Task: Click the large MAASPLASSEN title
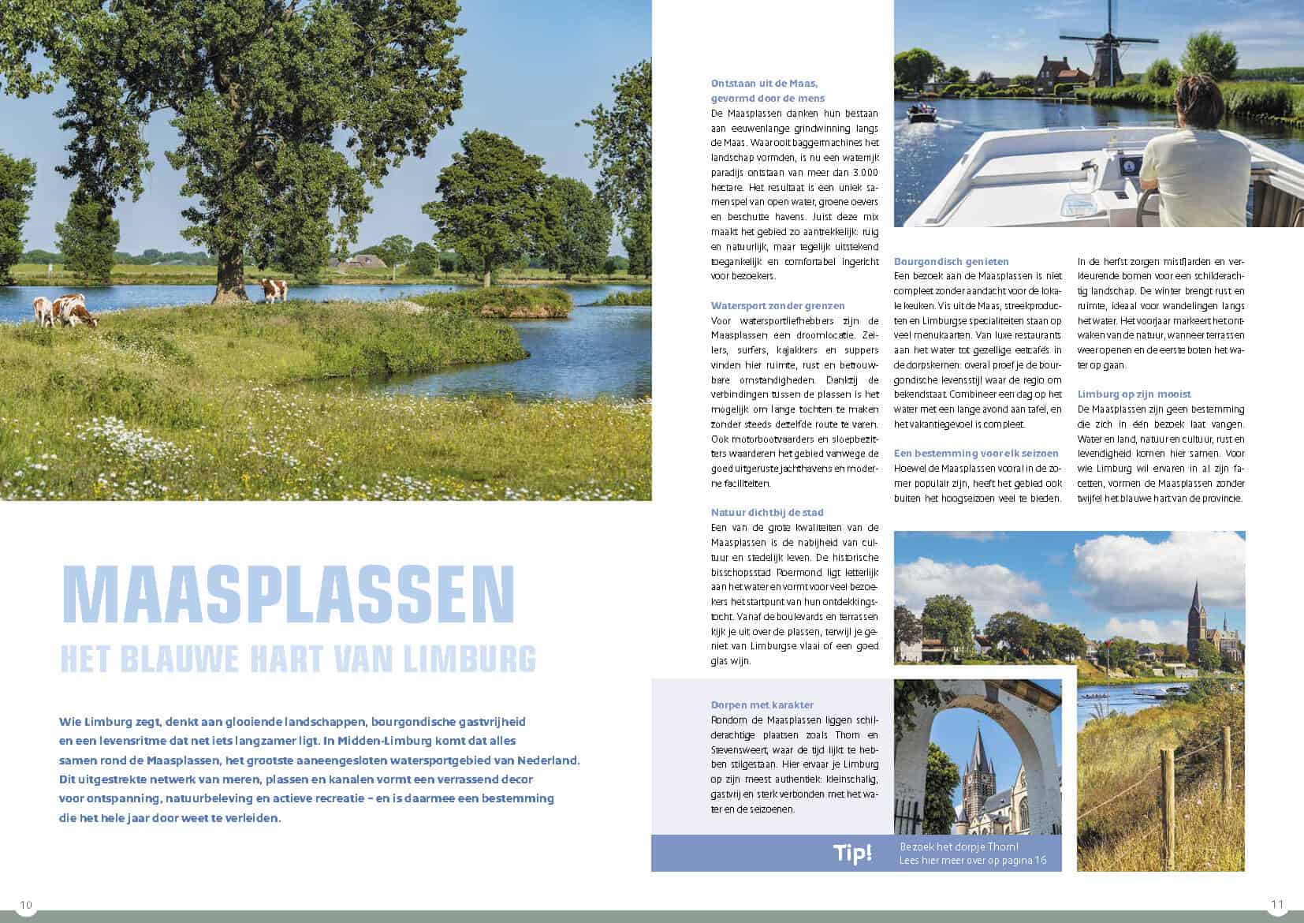(x=288, y=593)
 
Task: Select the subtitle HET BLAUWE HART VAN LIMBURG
(x=298, y=659)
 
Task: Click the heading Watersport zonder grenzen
(x=777, y=305)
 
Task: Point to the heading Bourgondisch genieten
(x=951, y=261)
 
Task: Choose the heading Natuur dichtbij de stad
(x=767, y=512)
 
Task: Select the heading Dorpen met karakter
(x=762, y=704)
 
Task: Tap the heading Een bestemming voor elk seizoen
(x=976, y=453)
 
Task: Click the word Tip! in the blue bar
(x=852, y=853)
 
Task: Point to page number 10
(x=27, y=904)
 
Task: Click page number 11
(x=1277, y=904)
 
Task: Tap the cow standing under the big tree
(x=274, y=290)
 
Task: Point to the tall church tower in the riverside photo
(x=1196, y=607)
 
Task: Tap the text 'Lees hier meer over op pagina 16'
(x=973, y=860)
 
